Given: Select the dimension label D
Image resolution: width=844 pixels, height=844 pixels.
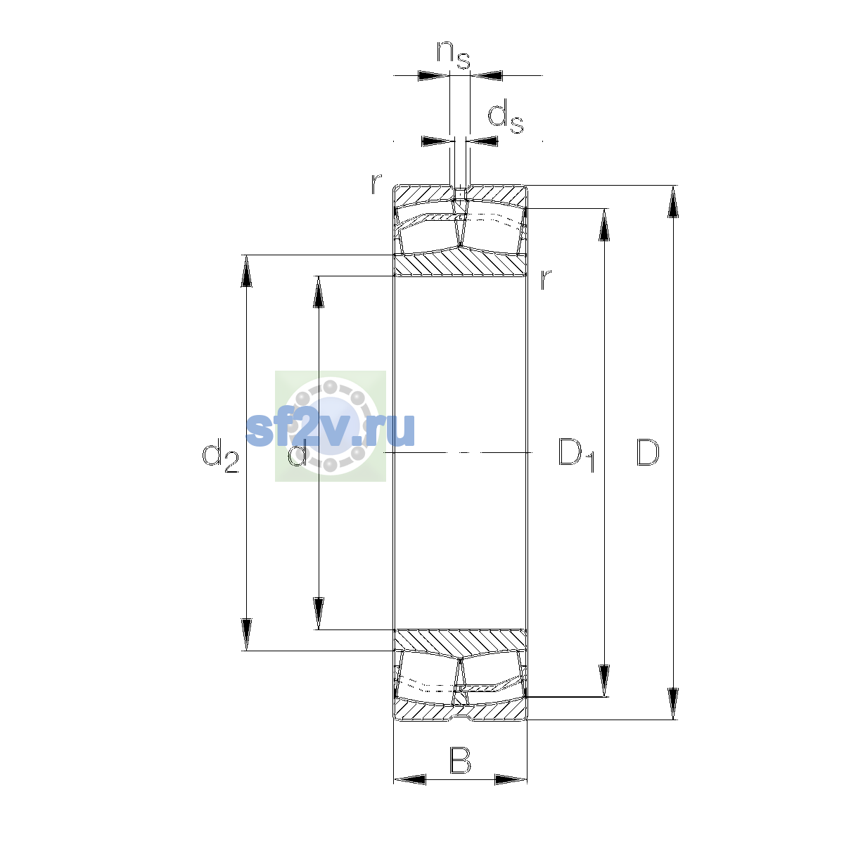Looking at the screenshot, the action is pos(647,452).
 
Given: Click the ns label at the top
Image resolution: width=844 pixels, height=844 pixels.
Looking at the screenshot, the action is pos(454,55).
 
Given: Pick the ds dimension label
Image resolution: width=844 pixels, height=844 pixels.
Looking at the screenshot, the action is pos(506,117).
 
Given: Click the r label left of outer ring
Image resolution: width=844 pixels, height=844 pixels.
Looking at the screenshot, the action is pos(376,184).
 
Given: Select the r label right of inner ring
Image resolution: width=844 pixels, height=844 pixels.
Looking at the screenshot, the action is pos(545,279).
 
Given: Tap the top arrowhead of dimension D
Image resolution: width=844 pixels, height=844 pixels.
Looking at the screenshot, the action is pos(673,202).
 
